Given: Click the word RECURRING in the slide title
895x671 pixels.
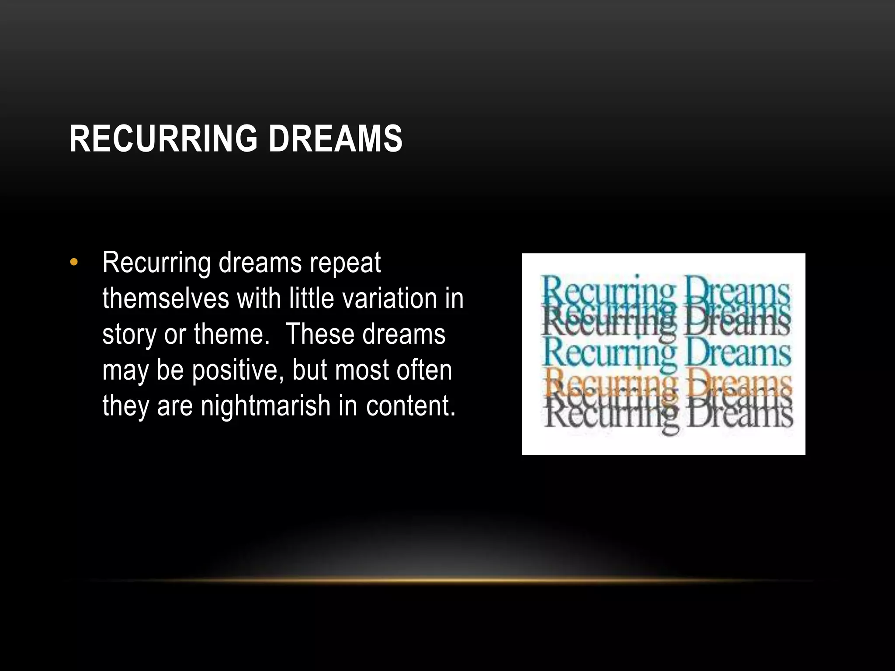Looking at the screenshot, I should (x=163, y=138).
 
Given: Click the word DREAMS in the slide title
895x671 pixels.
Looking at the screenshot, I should (x=335, y=138).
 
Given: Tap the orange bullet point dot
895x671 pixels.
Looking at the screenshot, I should (x=74, y=262).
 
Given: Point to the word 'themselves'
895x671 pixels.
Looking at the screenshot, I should (x=166, y=299).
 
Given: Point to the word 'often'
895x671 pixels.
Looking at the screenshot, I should (x=424, y=370).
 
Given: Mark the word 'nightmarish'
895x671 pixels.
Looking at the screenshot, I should (x=266, y=406).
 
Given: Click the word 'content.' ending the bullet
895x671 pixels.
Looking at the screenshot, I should (x=411, y=406).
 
